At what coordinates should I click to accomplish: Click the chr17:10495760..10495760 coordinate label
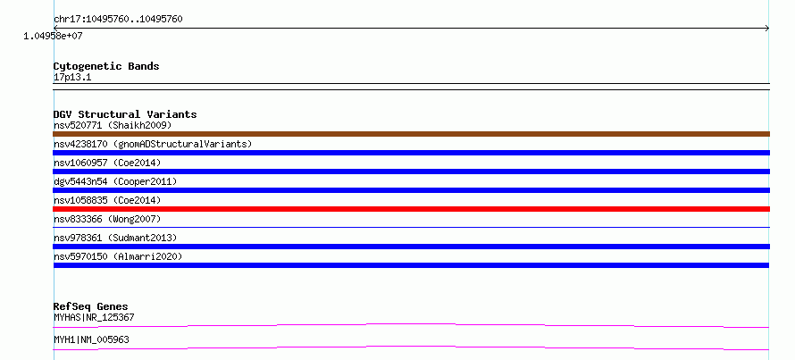pyautogui.click(x=118, y=20)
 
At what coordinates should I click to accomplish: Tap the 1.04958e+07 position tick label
pyautogui.click(x=53, y=36)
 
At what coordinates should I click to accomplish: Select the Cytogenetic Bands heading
pyautogui.click(x=106, y=66)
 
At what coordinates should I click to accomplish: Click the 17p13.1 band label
pyautogui.click(x=72, y=78)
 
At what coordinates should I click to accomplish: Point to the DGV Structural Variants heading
pyautogui.click(x=125, y=114)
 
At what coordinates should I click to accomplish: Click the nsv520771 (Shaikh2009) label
pyautogui.click(x=113, y=125)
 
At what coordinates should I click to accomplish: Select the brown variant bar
pyautogui.click(x=411, y=134)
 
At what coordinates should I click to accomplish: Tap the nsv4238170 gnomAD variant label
pyautogui.click(x=153, y=144)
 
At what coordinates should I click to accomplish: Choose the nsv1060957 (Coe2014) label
pyautogui.click(x=107, y=163)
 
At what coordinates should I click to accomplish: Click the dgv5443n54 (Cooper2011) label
pyautogui.click(x=115, y=181)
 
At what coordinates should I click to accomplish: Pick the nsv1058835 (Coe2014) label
pyautogui.click(x=107, y=200)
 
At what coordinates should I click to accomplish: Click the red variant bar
pyautogui.click(x=411, y=209)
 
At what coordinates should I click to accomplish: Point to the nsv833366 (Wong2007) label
pyautogui.click(x=107, y=219)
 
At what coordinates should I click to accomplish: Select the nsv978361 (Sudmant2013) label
pyautogui.click(x=115, y=238)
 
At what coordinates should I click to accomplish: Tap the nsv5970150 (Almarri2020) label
pyautogui.click(x=118, y=256)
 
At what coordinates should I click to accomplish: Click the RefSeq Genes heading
pyautogui.click(x=91, y=306)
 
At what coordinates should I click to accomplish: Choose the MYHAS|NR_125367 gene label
pyautogui.click(x=94, y=317)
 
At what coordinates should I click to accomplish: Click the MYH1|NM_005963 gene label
pyautogui.click(x=91, y=339)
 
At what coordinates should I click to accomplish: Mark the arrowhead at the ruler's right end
pyautogui.click(x=767, y=29)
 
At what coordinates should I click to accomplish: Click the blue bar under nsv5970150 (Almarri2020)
pyautogui.click(x=411, y=265)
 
